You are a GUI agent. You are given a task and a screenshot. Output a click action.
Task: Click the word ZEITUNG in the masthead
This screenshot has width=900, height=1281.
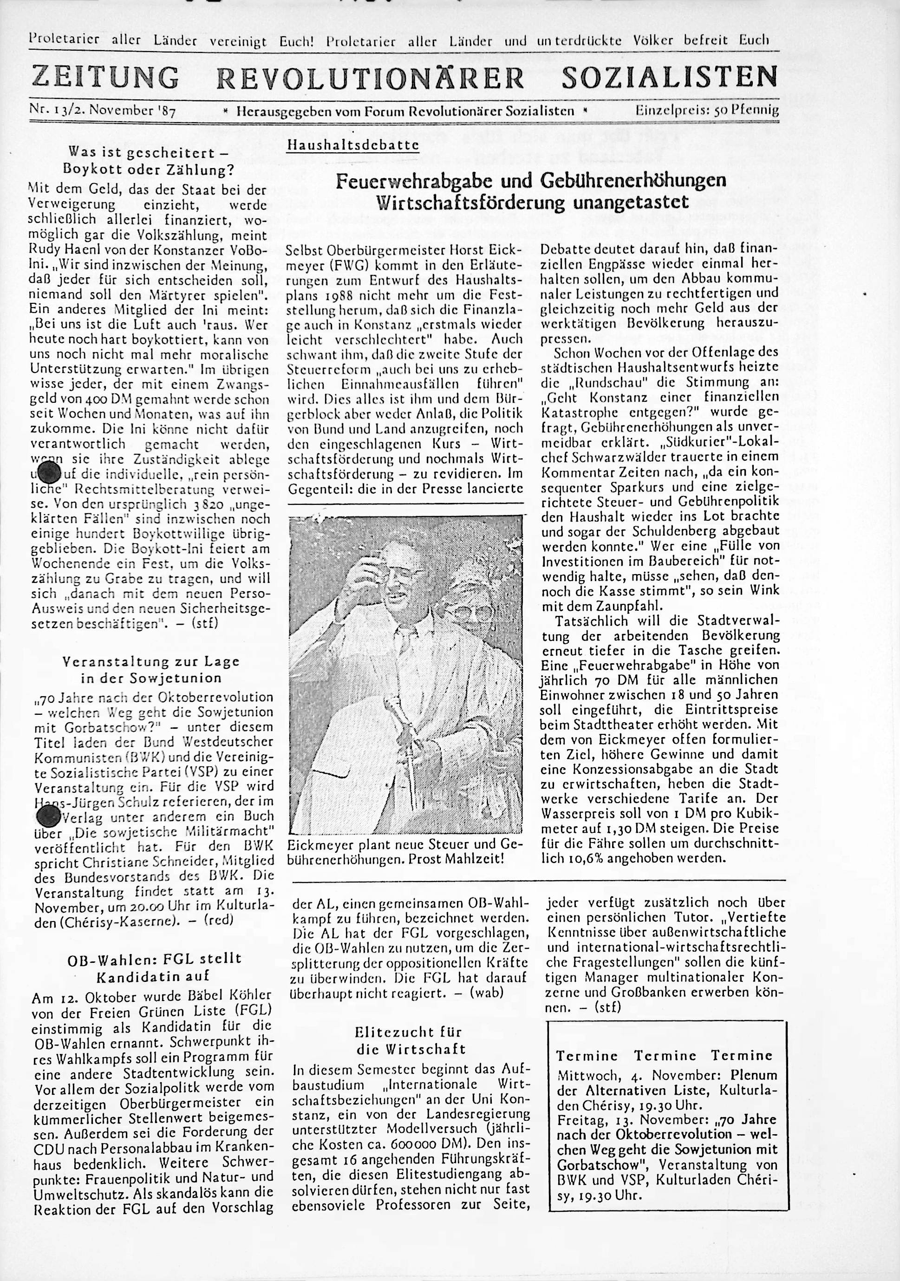point(106,77)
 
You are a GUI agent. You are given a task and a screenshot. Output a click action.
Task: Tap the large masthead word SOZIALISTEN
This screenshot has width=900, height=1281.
point(670,77)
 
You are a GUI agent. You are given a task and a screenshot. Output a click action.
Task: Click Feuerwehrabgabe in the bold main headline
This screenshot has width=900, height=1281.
point(432,181)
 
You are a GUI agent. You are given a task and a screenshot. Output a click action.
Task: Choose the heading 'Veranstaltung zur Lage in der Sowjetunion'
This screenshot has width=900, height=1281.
point(150,669)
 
